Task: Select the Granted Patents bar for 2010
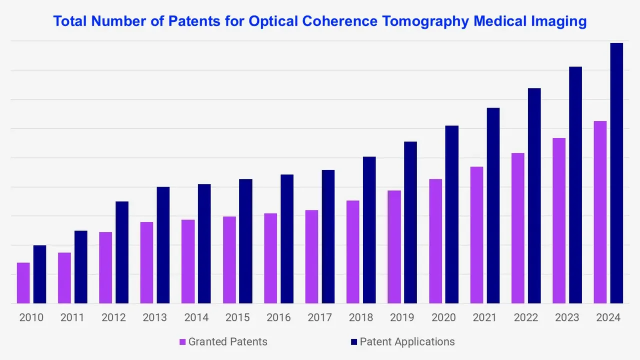pos(23,283)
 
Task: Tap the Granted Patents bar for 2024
pos(600,212)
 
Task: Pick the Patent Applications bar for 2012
pos(122,252)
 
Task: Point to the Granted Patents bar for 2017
pos(311,256)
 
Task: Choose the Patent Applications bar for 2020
pos(451,214)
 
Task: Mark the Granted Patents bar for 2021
pos(476,235)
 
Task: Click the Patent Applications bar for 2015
pos(245,241)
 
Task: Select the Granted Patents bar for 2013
pos(147,262)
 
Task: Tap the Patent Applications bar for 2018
pos(369,230)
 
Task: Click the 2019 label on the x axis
pos(402,318)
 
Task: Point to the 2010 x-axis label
pos(31,318)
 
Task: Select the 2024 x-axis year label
pos(608,318)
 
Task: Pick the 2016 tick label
pos(278,318)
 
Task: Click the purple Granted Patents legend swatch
pos(182,342)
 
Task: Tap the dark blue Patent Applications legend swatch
pos(354,342)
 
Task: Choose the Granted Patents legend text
pos(227,342)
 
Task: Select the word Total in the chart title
pos(69,21)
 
